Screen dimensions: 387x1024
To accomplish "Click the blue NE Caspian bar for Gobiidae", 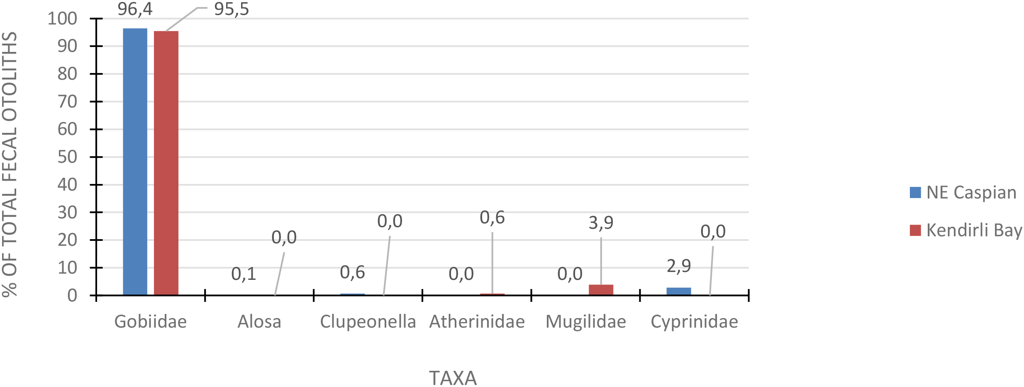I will click(135, 162).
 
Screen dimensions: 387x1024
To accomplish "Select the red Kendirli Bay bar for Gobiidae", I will click(166, 163).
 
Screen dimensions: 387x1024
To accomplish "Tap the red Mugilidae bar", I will click(601, 290).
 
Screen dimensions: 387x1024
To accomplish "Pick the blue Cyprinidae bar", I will click(678, 291).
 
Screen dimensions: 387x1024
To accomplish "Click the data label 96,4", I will click(135, 9).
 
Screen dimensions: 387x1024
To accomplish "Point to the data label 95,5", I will click(231, 9).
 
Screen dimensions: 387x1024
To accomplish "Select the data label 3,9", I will click(601, 223).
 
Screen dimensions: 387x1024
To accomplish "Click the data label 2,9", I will click(678, 266).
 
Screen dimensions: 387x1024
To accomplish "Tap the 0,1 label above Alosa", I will click(244, 274).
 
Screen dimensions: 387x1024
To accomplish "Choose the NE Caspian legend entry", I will click(963, 193).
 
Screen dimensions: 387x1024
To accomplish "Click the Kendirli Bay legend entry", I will click(965, 230).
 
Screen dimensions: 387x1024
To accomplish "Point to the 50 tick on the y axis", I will click(67, 157).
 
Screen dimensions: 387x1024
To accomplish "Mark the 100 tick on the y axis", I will click(62, 19).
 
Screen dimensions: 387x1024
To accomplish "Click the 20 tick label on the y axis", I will click(67, 240).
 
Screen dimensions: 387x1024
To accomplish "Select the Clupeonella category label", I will click(368, 322).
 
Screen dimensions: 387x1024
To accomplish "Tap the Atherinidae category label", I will click(477, 322).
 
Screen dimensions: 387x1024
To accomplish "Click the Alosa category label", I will click(259, 322).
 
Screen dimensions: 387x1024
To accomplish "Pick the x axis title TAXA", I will click(453, 378).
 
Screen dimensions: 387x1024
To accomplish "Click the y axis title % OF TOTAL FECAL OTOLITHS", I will click(10, 164).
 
